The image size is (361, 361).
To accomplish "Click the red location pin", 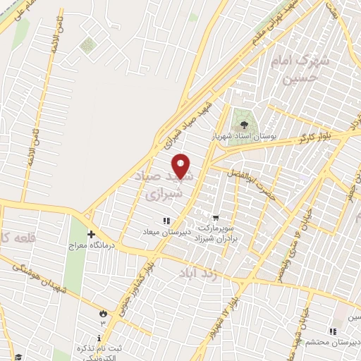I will (182, 166).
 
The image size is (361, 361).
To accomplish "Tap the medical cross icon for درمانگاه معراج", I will (90, 233).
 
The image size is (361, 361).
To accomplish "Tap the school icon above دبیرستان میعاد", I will (166, 221).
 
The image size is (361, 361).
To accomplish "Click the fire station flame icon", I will (104, 312).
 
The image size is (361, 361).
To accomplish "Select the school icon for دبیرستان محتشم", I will (331, 331).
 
